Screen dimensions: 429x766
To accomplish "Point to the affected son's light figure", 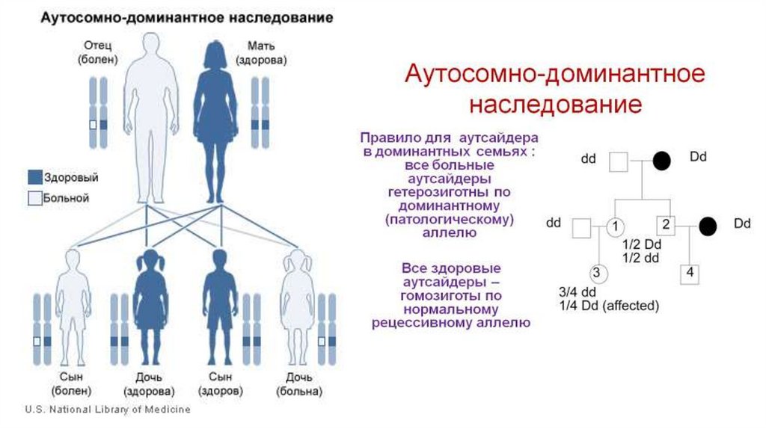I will (73, 306).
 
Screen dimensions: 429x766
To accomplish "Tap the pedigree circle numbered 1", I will (614, 226).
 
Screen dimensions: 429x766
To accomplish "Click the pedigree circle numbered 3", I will (598, 273).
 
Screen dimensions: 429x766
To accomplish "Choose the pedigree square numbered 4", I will (690, 274).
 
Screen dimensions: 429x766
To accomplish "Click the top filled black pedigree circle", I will (661, 161).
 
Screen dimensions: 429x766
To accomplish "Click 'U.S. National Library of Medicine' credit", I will (108, 410).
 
